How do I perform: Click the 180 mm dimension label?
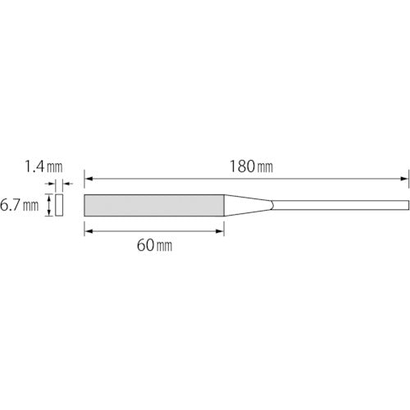coord(251,166)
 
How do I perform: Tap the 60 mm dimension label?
coord(154,245)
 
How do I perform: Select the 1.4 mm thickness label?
coord(43,166)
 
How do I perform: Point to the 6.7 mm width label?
coord(19,205)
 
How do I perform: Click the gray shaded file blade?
coord(154,205)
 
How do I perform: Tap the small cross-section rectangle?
coord(59,205)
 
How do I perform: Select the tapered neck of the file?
coord(248,205)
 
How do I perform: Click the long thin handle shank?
coord(340,205)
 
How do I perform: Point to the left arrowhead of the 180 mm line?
coord(89,179)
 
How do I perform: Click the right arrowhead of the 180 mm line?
coord(405,179)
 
